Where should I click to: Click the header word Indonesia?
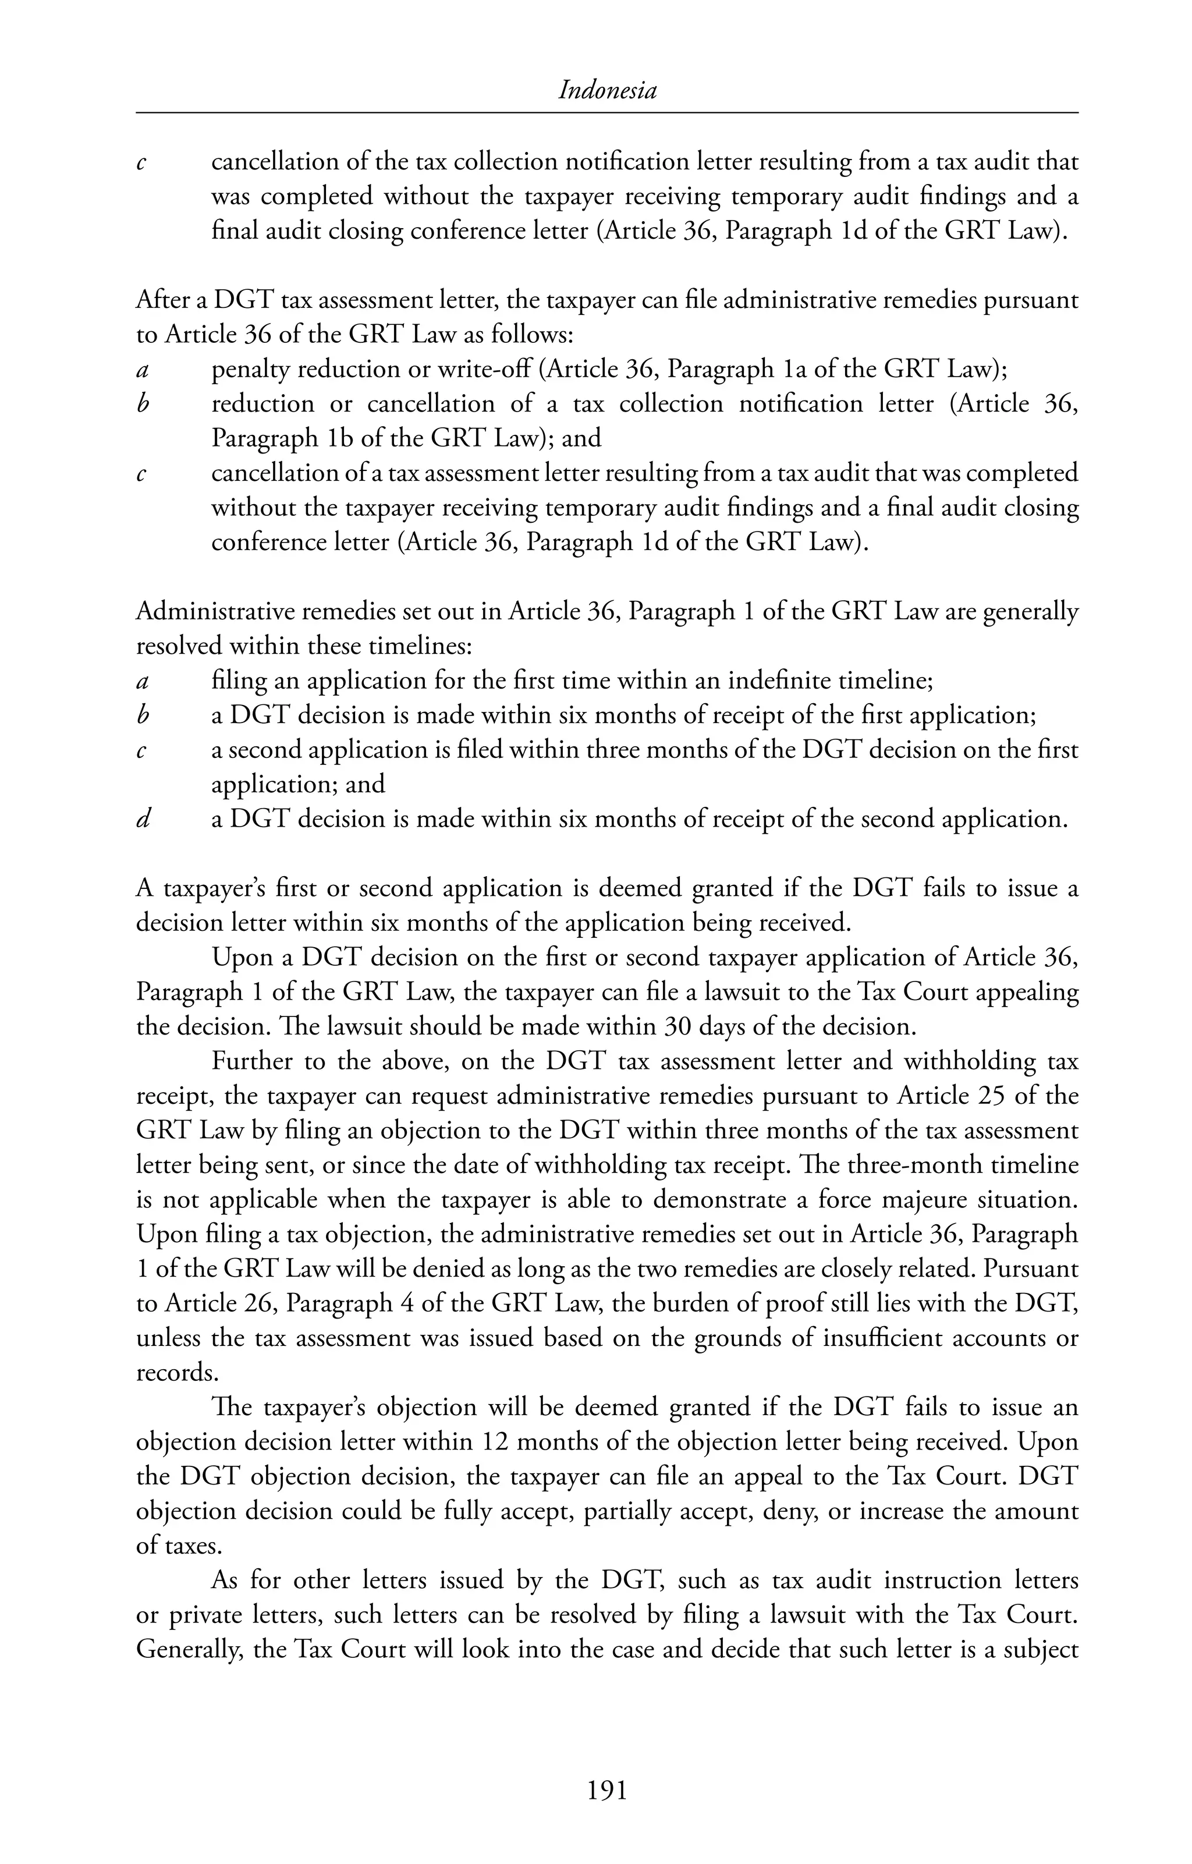pyautogui.click(x=607, y=91)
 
